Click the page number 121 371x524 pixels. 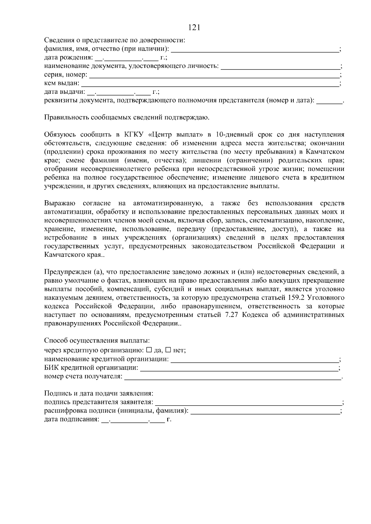[x=194, y=28]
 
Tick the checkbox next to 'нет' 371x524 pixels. [x=168, y=350]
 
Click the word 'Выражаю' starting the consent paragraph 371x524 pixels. [x=60, y=203]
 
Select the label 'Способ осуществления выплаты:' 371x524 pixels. [x=97, y=341]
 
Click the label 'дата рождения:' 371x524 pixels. [x=68, y=57]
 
